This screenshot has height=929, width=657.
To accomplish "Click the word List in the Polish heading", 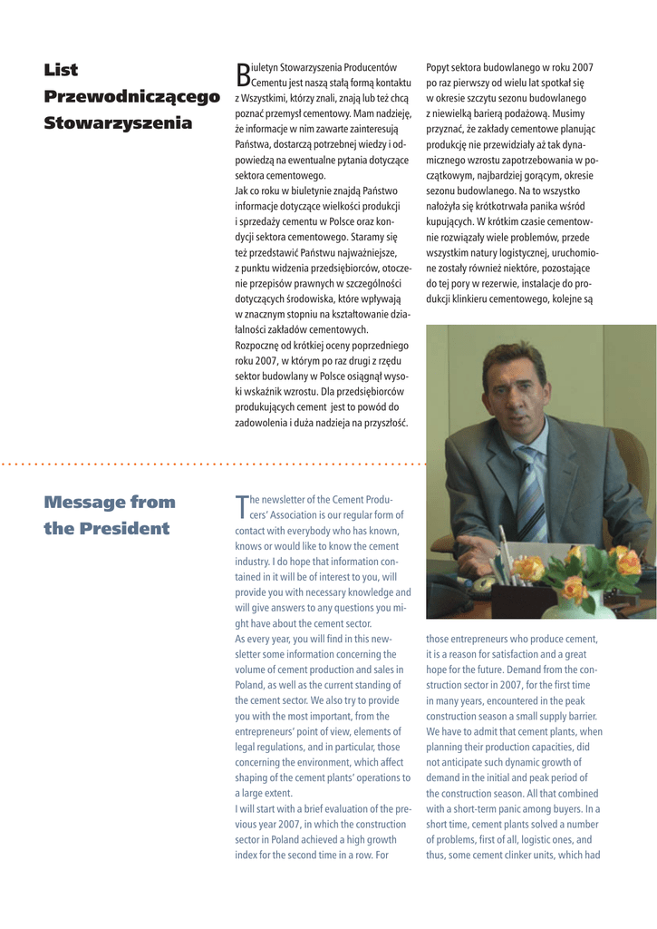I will pos(61,70).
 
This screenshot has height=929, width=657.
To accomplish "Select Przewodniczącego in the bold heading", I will pos(132,96).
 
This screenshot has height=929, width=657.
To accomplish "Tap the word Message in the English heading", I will pos(83,502).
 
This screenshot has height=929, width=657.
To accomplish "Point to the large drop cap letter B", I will pos(241,74).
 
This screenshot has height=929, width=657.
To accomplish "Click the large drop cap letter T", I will pos(241,507).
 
